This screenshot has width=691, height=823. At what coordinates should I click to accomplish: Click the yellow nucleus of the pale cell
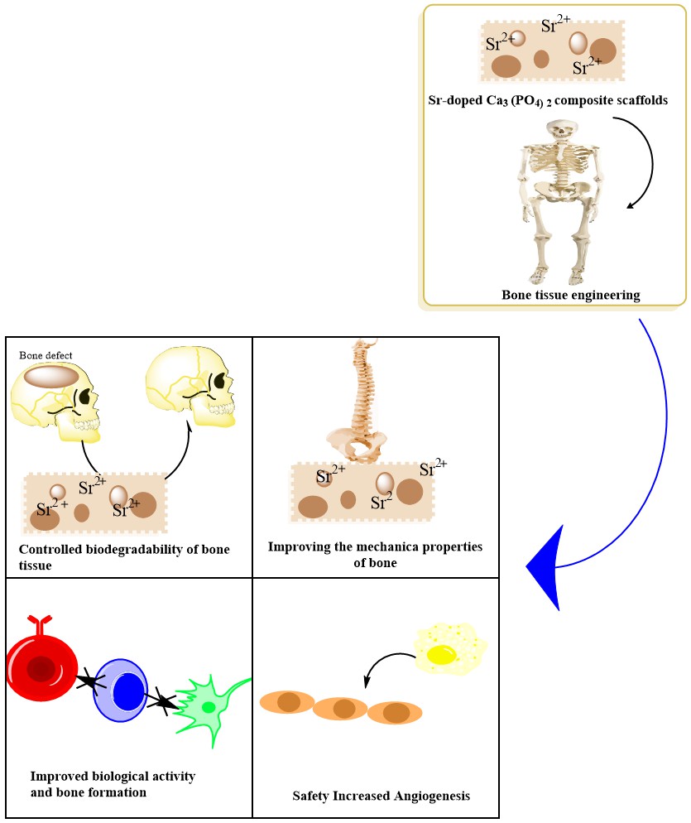point(442,655)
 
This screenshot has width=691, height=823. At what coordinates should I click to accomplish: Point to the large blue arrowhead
point(546,568)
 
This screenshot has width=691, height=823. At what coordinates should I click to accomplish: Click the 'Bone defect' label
point(46,356)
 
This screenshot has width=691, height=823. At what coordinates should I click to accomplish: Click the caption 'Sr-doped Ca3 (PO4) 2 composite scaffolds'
point(555,100)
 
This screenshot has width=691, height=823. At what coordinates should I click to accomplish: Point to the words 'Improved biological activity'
point(113,777)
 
